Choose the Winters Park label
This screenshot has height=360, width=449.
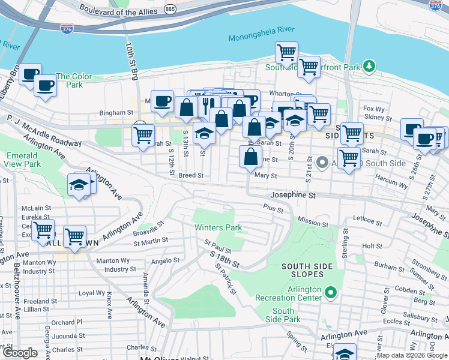tap(218, 227)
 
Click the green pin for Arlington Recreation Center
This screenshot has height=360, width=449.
tap(330, 293)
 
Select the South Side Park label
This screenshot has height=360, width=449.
tap(283, 315)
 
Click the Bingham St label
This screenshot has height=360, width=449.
tap(116, 112)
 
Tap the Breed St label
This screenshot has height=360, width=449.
tap(191, 176)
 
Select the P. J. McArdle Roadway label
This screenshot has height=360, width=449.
tap(43, 131)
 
